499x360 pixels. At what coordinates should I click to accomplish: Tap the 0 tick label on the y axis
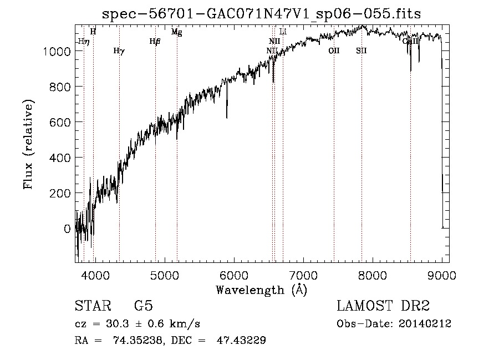pyautogui.click(x=67, y=229)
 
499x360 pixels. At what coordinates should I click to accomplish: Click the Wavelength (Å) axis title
pyautogui.click(x=261, y=290)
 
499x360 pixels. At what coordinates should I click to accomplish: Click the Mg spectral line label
pyautogui.click(x=176, y=32)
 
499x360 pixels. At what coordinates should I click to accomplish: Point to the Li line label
pyautogui.click(x=283, y=32)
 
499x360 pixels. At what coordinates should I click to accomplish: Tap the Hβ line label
pyautogui.click(x=155, y=42)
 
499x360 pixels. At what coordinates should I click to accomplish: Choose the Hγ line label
pyautogui.click(x=119, y=51)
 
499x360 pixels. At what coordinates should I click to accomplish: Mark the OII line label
pyautogui.click(x=334, y=51)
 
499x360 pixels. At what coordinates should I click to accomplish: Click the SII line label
pyautogui.click(x=361, y=51)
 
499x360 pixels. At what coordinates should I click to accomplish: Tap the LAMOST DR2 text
pyautogui.click(x=383, y=306)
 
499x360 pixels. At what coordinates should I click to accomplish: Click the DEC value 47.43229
pyautogui.click(x=242, y=340)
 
